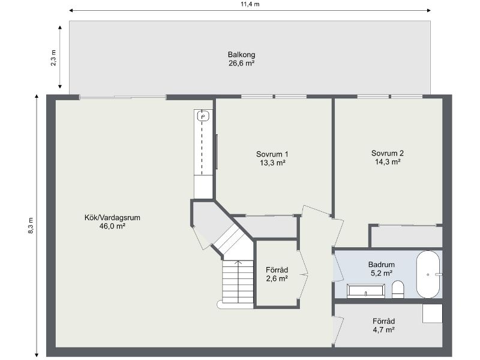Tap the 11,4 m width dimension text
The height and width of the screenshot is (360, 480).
pos(250,4)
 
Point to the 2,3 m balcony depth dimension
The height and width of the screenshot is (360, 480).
pos(53,58)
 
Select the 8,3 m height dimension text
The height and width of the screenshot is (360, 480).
pos(31,225)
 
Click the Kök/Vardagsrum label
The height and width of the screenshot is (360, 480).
pos(112,218)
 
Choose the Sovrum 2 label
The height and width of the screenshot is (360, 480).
pos(388,152)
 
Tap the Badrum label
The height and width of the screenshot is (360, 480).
pos(380,264)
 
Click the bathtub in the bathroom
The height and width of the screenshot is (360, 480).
pos(428,274)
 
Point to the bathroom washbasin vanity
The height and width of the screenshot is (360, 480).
pos(366,292)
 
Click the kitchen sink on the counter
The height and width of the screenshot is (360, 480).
pos(203,116)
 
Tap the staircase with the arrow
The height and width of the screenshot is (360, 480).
pos(238,282)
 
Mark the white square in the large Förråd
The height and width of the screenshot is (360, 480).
pos(432,314)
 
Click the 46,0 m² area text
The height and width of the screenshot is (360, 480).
pos(112,226)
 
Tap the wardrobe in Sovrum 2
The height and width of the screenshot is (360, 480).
pos(406,236)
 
